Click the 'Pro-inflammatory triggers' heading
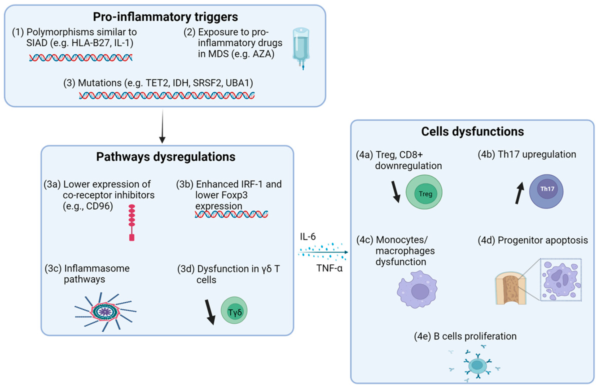(x=165, y=17)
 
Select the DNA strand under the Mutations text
(x=167, y=96)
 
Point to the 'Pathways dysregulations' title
(x=166, y=157)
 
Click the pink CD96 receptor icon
(x=132, y=222)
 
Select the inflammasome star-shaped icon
(x=105, y=312)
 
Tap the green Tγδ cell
(x=234, y=310)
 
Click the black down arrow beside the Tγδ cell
(x=210, y=312)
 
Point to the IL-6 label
(x=308, y=237)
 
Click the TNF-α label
(x=329, y=268)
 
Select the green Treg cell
(x=424, y=192)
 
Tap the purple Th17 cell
(x=546, y=191)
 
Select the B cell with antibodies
(x=477, y=365)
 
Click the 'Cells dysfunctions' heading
(x=472, y=132)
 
